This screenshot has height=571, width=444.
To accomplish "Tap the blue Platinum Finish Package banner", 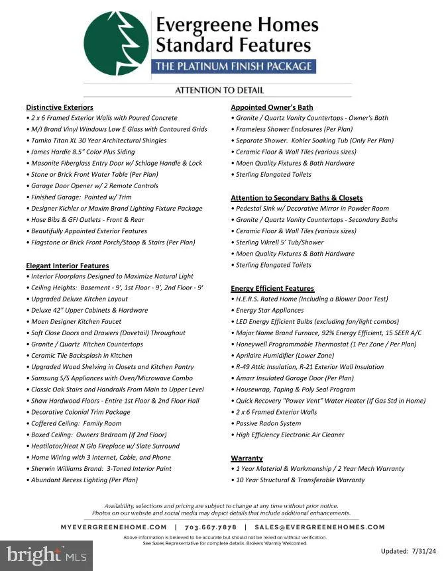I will click(x=233, y=66).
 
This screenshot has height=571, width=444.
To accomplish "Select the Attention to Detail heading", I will click(x=219, y=90).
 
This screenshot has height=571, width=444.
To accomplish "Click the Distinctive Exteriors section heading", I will click(x=60, y=107).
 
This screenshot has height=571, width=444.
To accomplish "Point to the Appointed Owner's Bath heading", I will click(x=272, y=107).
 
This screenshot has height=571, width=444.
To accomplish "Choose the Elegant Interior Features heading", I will click(x=68, y=266).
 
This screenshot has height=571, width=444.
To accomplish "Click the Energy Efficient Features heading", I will click(x=272, y=288).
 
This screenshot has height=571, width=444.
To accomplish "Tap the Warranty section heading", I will click(x=247, y=458).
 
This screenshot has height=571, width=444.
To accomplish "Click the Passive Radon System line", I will click(x=268, y=423).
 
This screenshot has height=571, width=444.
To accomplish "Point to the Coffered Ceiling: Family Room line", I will click(x=76, y=423).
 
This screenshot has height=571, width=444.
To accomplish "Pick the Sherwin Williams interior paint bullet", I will click(x=101, y=468).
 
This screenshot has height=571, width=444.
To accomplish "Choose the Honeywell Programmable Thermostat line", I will click(x=326, y=344).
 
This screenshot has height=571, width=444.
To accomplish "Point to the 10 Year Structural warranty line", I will click(x=300, y=480).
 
